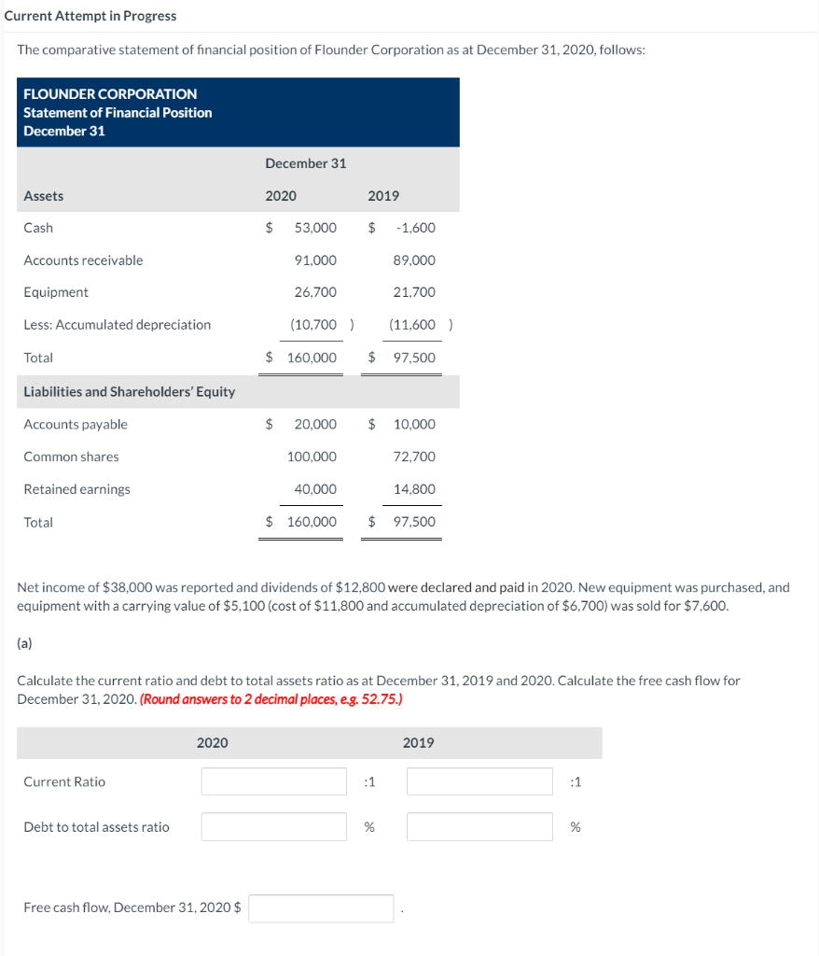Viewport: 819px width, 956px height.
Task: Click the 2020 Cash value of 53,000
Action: (315, 228)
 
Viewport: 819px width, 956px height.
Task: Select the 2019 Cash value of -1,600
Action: (415, 228)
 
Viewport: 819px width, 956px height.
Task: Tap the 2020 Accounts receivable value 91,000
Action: (315, 260)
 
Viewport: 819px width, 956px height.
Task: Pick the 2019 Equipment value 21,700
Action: (414, 292)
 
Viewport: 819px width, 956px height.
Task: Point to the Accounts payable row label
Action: (76, 425)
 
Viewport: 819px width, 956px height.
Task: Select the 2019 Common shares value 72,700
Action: (414, 457)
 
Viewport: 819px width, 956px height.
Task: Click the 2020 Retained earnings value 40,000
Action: (315, 489)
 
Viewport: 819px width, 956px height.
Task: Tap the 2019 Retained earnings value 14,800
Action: (414, 489)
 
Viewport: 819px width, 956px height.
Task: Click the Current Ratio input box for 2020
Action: (274, 781)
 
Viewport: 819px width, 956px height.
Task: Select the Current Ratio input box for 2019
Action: (479, 781)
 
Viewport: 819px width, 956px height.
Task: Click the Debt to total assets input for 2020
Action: (274, 826)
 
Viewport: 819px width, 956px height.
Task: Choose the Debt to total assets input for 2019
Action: (479, 826)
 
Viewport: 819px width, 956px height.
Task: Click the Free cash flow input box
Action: (321, 907)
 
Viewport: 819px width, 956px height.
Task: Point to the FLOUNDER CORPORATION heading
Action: (110, 94)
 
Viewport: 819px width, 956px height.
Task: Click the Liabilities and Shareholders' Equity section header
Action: (129, 392)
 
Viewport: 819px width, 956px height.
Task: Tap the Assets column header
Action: (44, 196)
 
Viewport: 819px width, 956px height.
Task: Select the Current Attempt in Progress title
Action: (90, 16)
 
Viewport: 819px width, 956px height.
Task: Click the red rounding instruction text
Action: (272, 699)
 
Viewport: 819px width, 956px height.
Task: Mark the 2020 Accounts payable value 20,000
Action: (315, 425)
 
